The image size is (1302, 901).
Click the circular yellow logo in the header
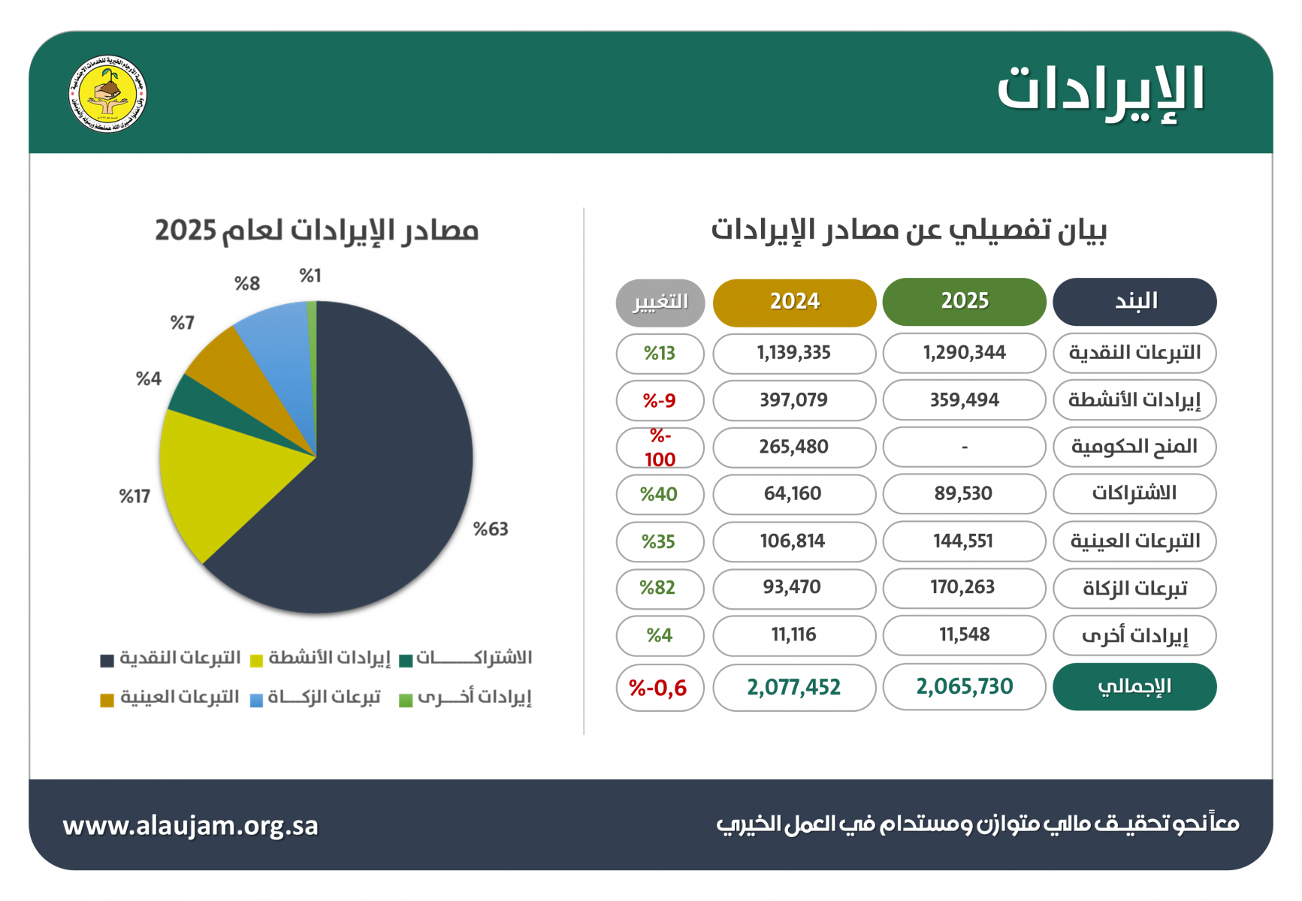(107, 95)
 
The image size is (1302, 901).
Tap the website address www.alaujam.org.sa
(190, 825)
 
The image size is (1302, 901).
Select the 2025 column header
(964, 302)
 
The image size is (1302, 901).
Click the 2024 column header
(794, 302)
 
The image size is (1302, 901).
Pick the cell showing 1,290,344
(964, 353)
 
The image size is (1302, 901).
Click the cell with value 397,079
(794, 400)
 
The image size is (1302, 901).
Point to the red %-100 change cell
(660, 447)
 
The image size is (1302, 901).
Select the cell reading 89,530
(964, 494)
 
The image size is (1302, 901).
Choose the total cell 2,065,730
(964, 686)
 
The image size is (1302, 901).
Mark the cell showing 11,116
(794, 635)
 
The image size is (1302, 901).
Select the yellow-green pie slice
(210, 481)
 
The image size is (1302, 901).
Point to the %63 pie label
(491, 529)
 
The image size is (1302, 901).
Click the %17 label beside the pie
(134, 496)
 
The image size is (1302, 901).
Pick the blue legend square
(256, 701)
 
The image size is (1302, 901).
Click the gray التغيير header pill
(660, 303)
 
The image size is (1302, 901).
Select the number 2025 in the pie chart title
(186, 231)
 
